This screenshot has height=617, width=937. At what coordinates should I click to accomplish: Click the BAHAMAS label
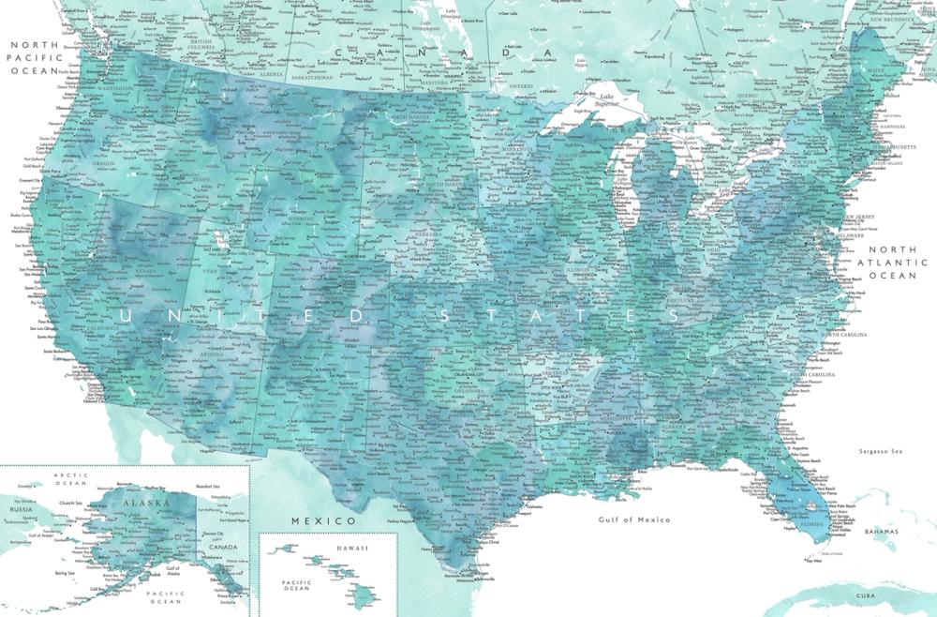point(881,532)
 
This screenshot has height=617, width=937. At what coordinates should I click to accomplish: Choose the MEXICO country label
point(323,520)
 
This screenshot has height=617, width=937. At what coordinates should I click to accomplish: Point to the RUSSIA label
point(21,509)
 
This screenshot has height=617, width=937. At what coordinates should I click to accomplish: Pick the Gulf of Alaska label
point(172,572)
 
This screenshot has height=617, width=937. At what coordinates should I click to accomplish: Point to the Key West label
point(813,562)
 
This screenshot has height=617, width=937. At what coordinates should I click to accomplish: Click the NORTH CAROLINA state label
point(846,334)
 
